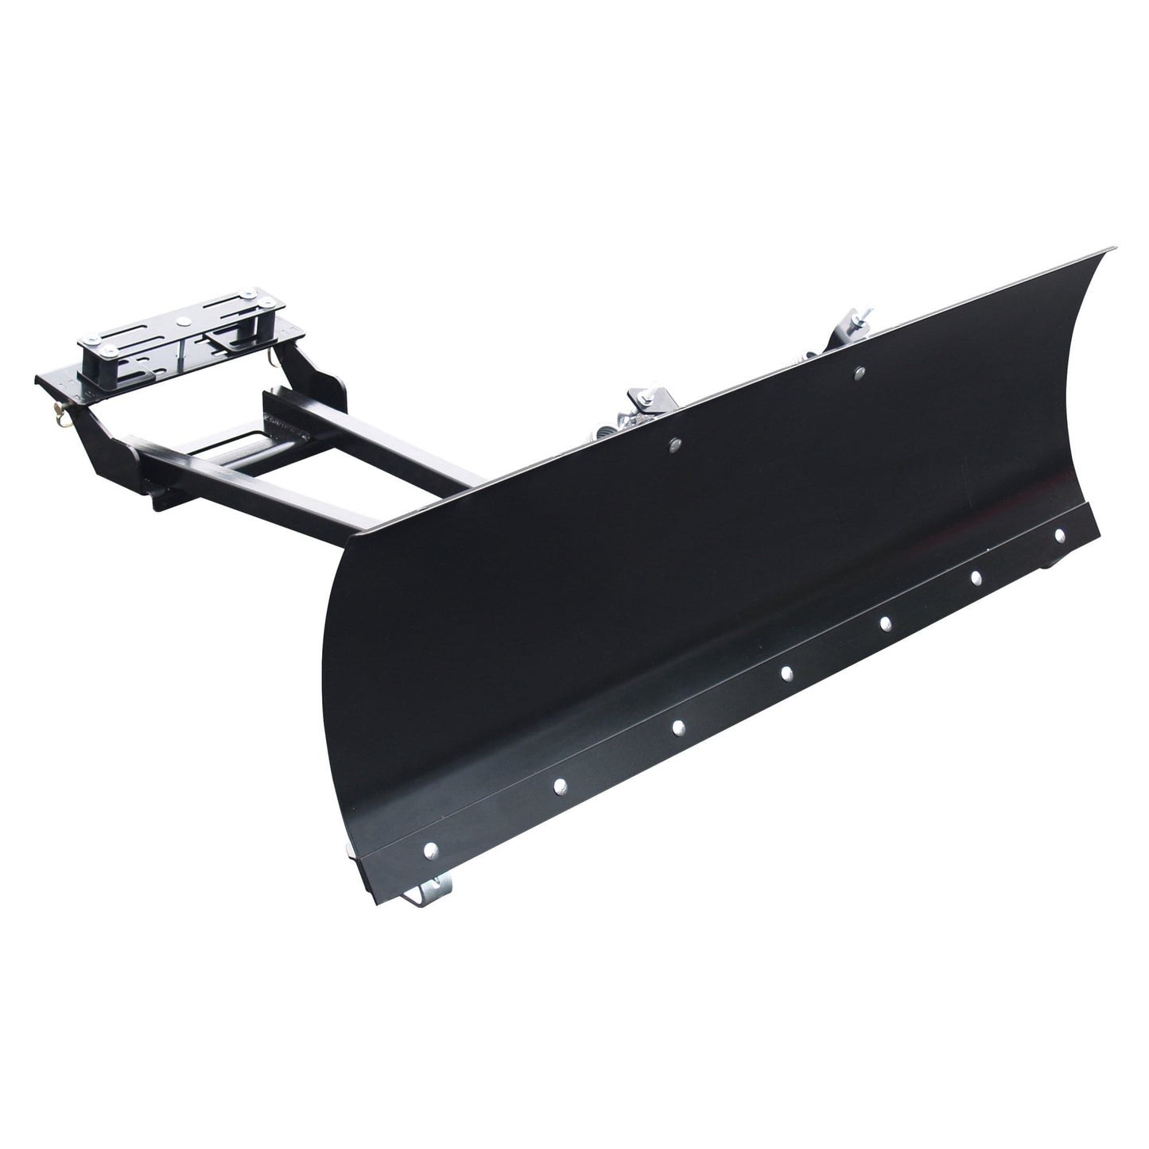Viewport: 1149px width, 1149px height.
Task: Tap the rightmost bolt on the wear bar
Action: (1059, 537)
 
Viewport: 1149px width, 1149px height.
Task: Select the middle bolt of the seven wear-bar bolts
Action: (786, 673)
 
